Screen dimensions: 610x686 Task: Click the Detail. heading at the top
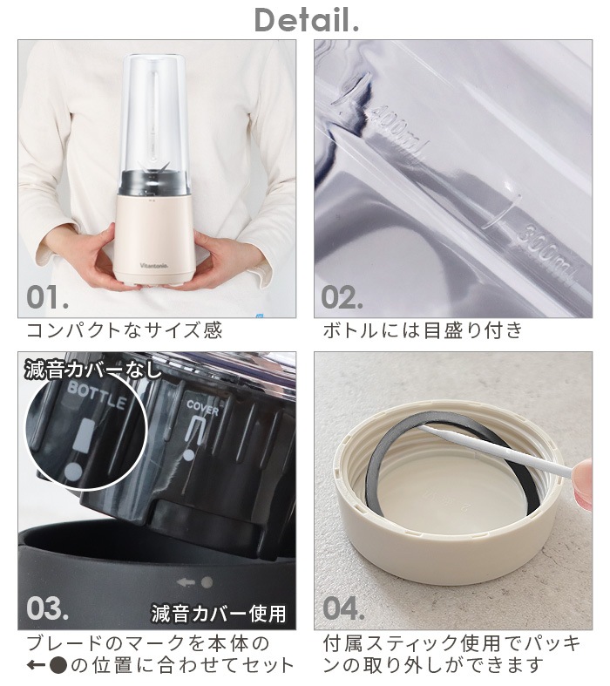click(307, 20)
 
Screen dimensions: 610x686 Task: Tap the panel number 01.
click(47, 297)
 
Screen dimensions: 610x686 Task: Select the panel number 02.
click(342, 297)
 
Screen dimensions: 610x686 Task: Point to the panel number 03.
click(47, 608)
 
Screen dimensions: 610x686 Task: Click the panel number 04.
click(343, 608)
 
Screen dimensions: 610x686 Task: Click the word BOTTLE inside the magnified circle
click(97, 395)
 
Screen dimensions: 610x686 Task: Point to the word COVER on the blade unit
click(202, 407)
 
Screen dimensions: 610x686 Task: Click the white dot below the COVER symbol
click(188, 455)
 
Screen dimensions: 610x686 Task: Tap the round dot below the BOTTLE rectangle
click(72, 472)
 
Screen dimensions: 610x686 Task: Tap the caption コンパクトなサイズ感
click(125, 330)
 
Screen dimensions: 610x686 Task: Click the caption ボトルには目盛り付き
click(423, 330)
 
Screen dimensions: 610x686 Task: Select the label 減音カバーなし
click(92, 370)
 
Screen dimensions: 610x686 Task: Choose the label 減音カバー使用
click(219, 614)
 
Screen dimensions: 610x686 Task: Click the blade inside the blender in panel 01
click(153, 168)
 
